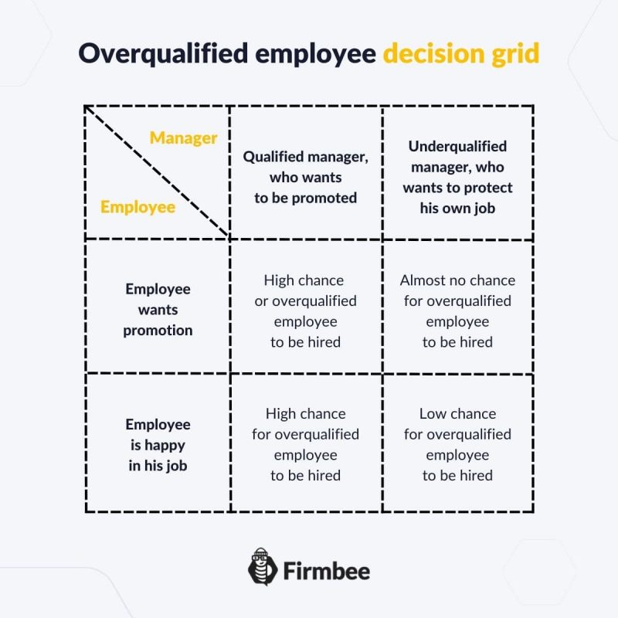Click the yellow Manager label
183,138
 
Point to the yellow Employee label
138,207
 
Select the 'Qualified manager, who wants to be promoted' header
305,177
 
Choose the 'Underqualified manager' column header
457,177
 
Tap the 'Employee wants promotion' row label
158,309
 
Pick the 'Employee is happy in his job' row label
158,445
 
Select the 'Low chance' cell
457,444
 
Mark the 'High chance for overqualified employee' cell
305,444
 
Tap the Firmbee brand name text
326,572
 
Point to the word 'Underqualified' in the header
457,146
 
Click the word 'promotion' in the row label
158,331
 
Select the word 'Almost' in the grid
423,280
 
